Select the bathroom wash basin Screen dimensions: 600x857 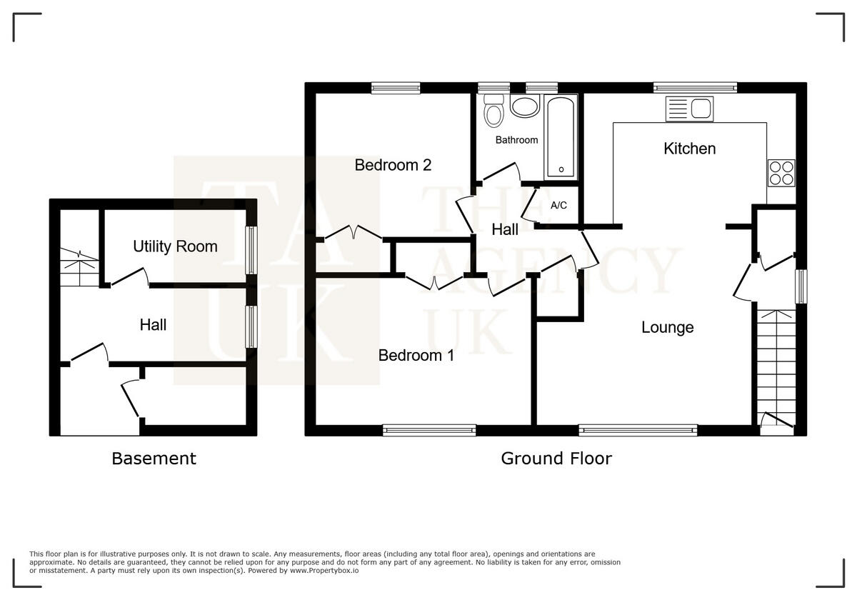click(526, 108)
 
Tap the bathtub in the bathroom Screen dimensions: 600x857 click(561, 138)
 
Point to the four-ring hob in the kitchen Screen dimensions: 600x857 click(781, 172)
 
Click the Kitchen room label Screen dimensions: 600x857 click(689, 149)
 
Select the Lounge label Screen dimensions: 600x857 click(667, 328)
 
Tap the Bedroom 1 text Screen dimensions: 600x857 click(416, 355)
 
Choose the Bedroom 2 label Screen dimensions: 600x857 click(393, 165)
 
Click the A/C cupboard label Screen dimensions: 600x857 click(558, 206)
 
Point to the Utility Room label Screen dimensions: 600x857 click(175, 246)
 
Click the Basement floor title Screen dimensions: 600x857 click(154, 459)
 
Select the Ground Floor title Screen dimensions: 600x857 click(556, 459)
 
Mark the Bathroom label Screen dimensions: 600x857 click(516, 140)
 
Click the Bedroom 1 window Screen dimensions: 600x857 click(429, 429)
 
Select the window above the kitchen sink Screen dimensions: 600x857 click(695, 88)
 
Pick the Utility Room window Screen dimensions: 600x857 click(251, 250)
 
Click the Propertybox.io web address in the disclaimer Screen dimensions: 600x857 click(326, 571)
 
